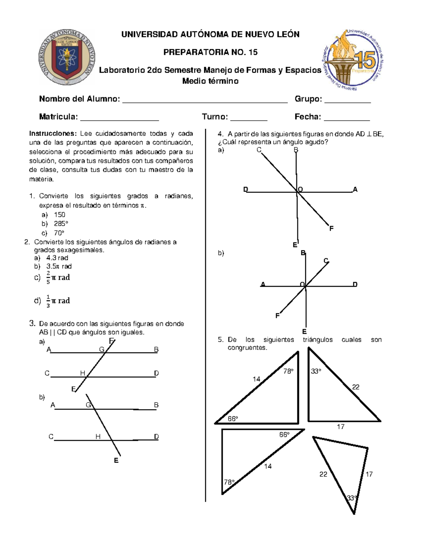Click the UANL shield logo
(67, 57)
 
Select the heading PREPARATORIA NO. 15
(210, 52)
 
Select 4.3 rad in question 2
(57, 258)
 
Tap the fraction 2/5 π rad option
(58, 278)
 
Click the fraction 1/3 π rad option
(58, 301)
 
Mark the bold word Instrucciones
(52, 134)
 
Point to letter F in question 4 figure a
(331, 228)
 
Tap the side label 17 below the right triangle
(341, 427)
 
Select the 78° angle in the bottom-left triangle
(229, 482)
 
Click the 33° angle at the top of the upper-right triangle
(316, 371)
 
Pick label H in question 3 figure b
(98, 437)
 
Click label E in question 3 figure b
(116, 460)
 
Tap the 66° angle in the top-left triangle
(233, 419)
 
